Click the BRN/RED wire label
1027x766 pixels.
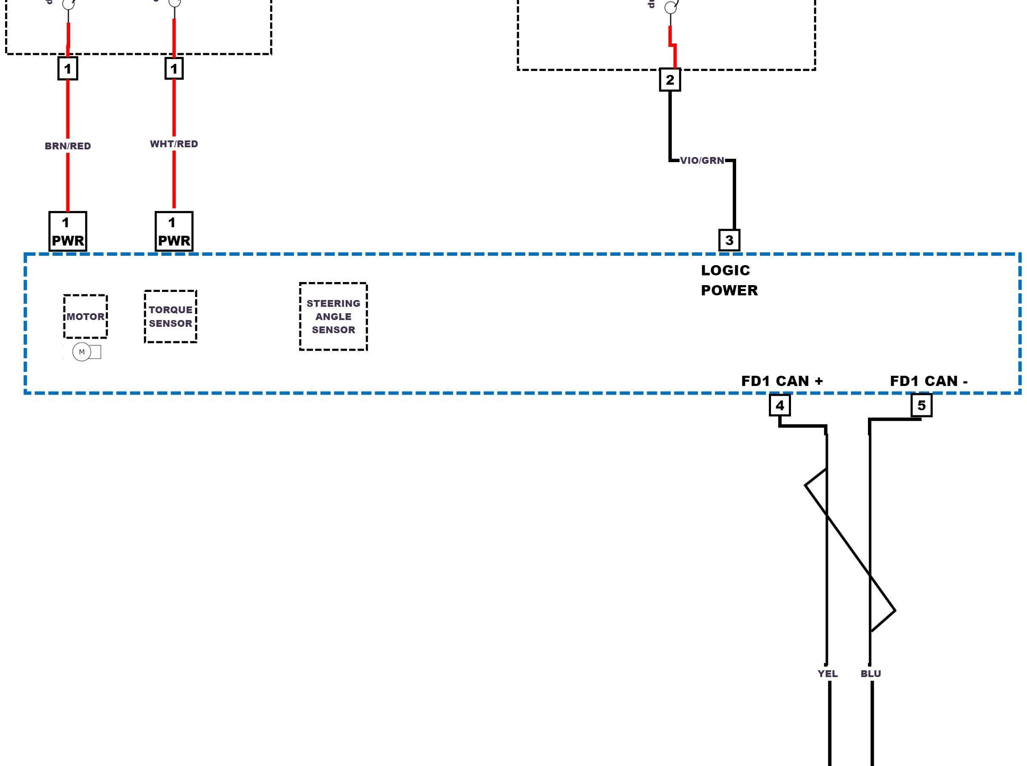68,146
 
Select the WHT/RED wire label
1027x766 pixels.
174,144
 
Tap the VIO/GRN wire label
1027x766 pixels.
702,160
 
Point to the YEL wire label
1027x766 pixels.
828,673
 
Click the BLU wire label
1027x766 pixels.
871,673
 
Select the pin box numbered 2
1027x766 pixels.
670,80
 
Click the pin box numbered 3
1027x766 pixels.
729,240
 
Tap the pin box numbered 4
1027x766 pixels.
779,405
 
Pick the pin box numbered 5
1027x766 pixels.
922,405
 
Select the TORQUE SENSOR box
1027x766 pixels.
171,317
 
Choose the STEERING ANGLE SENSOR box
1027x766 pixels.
333,316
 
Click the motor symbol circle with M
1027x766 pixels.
82,352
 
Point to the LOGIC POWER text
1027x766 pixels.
728,280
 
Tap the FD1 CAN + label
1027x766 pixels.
782,381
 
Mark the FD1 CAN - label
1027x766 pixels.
929,381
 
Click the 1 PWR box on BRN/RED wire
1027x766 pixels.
68,232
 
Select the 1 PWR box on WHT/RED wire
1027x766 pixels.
174,232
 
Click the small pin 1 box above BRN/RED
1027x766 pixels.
68,69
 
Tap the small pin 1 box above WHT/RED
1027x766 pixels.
174,69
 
